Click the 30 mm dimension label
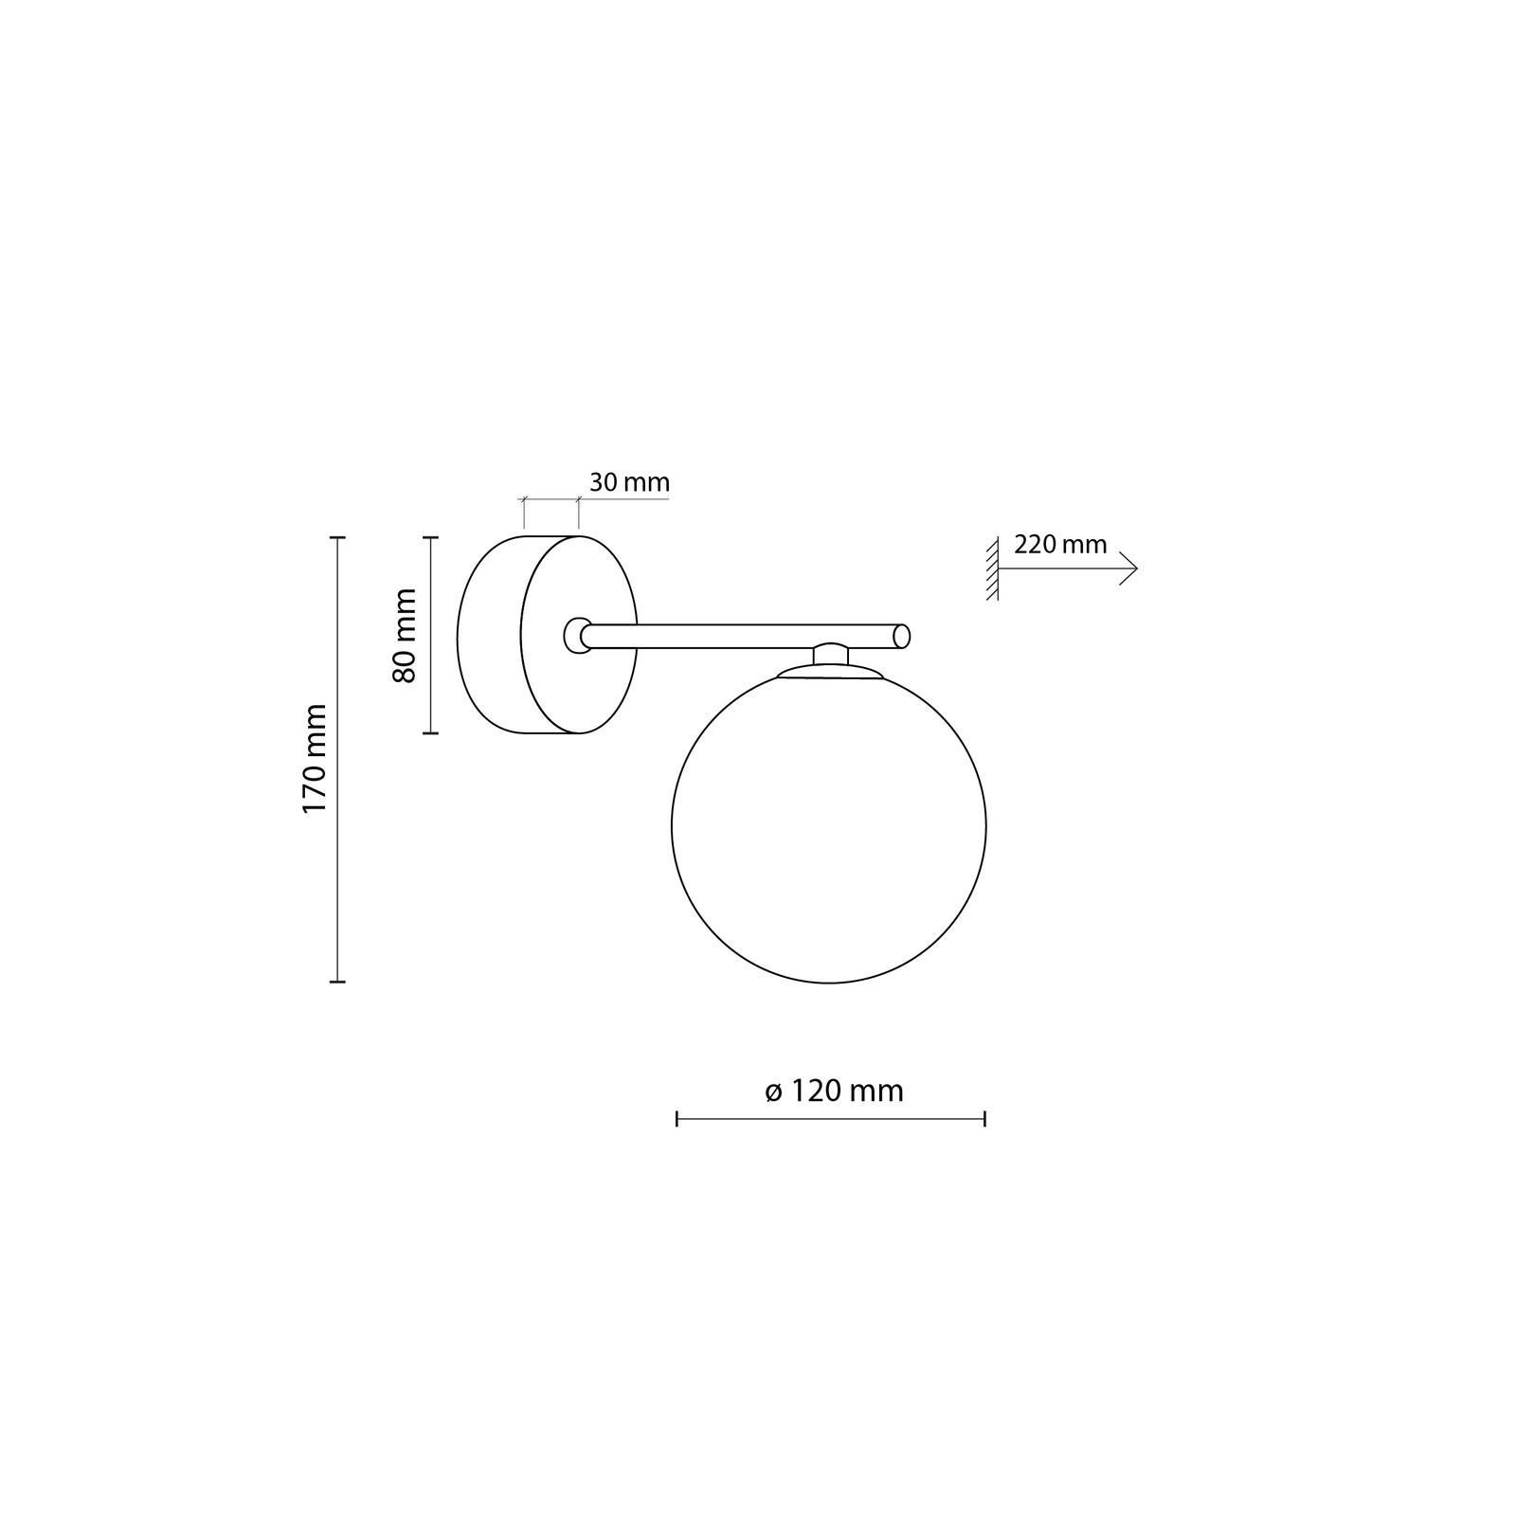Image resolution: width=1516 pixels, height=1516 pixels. click(x=629, y=482)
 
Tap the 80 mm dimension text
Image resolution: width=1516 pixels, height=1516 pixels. click(x=405, y=635)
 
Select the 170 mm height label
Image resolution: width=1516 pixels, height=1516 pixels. click(x=314, y=758)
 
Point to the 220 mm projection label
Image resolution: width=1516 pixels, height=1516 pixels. click(x=1060, y=545)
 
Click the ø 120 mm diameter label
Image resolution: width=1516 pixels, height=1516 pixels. click(x=834, y=1092)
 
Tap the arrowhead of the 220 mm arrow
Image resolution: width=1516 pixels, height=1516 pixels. click(x=1129, y=568)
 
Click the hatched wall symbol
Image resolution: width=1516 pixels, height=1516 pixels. click(x=992, y=568)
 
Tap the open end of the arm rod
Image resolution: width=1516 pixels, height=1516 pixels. click(x=902, y=636)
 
